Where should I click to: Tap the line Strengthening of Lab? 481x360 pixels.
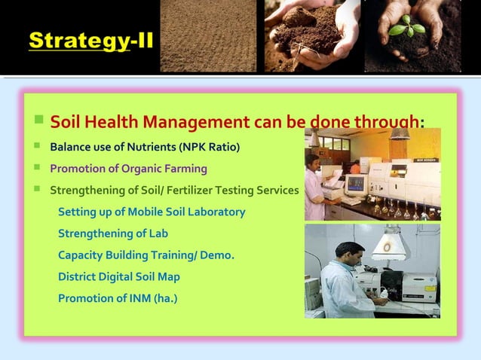[x=113, y=233]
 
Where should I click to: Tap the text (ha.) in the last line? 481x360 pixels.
[x=165, y=298]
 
